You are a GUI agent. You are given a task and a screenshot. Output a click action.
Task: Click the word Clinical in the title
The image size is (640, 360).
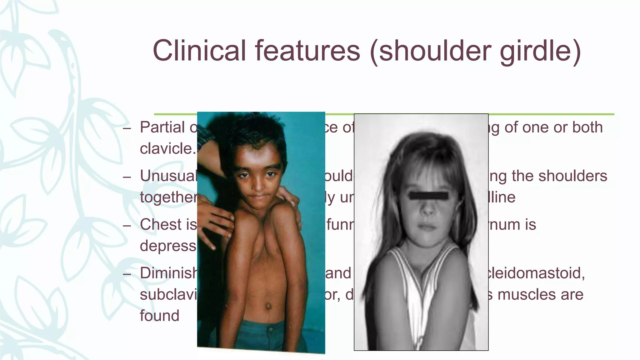[x=199, y=51]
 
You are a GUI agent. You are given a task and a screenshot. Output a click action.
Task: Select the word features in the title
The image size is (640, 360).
[x=307, y=51]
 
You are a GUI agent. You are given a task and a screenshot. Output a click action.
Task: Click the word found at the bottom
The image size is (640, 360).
[x=159, y=316]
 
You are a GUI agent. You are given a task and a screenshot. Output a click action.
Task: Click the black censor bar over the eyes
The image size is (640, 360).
[x=429, y=196]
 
